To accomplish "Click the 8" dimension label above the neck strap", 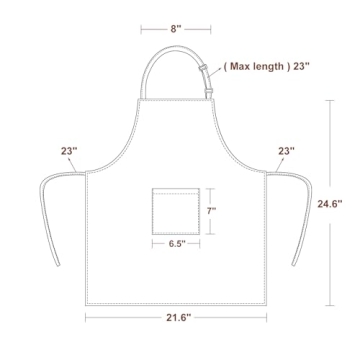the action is coord(176,29).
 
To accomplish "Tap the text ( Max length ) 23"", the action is coord(267,66).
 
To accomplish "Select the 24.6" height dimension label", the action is coord(330,204).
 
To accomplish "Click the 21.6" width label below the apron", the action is coord(179,318).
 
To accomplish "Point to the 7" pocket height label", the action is coord(211,211).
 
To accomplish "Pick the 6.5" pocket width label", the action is coord(177,244).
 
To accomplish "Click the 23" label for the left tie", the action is coord(69,151).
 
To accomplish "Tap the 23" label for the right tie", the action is coord(287,151).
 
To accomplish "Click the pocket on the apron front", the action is coord(176,211).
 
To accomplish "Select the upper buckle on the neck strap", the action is coord(202,68).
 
